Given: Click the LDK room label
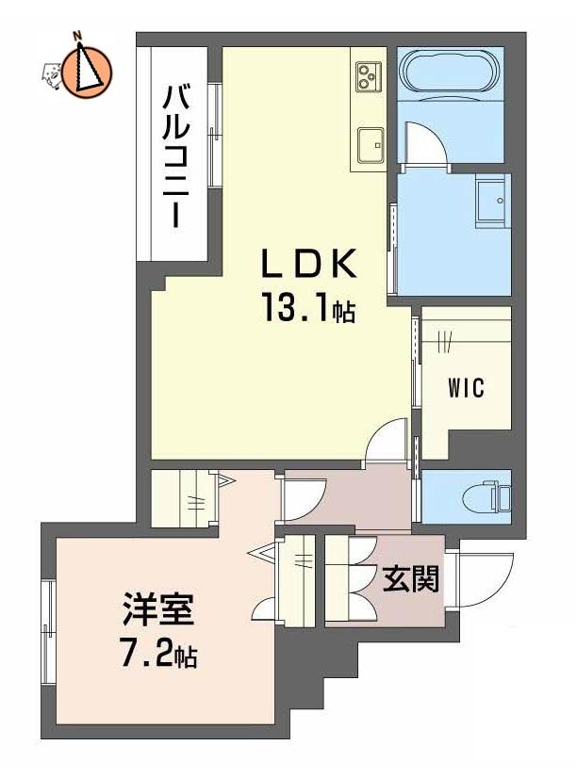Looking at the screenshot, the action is tap(309, 263).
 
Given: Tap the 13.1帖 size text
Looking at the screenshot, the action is tap(308, 308).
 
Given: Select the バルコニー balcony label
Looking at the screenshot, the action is tap(176, 155).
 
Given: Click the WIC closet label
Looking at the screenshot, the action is tap(466, 387).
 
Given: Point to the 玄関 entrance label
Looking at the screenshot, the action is tap(411, 578).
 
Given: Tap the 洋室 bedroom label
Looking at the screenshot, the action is tap(158, 608).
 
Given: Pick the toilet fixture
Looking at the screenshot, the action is tap(486, 497).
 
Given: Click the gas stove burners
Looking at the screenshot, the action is tap(369, 76).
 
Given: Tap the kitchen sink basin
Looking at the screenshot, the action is tap(370, 145).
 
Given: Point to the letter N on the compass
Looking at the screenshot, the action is tap(77, 36).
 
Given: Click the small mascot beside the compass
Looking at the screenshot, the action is tap(52, 75).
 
